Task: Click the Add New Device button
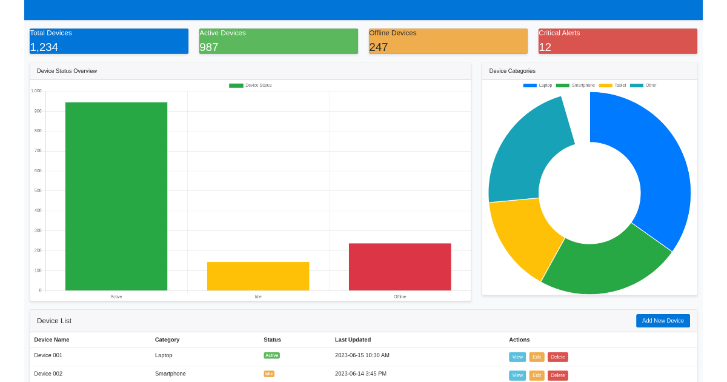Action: click(x=663, y=321)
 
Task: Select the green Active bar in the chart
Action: click(x=116, y=196)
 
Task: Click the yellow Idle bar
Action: click(x=258, y=276)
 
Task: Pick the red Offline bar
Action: click(x=400, y=267)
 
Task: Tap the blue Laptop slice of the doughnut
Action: click(x=659, y=169)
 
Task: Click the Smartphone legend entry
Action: click(x=576, y=85)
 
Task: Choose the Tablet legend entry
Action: click(x=612, y=85)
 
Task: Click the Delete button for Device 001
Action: click(x=558, y=357)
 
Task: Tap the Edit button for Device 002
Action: click(x=537, y=375)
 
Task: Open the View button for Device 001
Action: click(x=517, y=357)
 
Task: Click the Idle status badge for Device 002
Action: click(x=269, y=374)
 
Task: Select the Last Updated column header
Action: click(x=353, y=340)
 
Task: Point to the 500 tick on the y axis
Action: click(x=38, y=190)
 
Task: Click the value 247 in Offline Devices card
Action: click(x=379, y=47)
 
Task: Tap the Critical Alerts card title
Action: click(x=559, y=33)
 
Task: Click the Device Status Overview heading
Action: click(x=67, y=71)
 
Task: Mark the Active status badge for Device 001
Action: click(x=271, y=355)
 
